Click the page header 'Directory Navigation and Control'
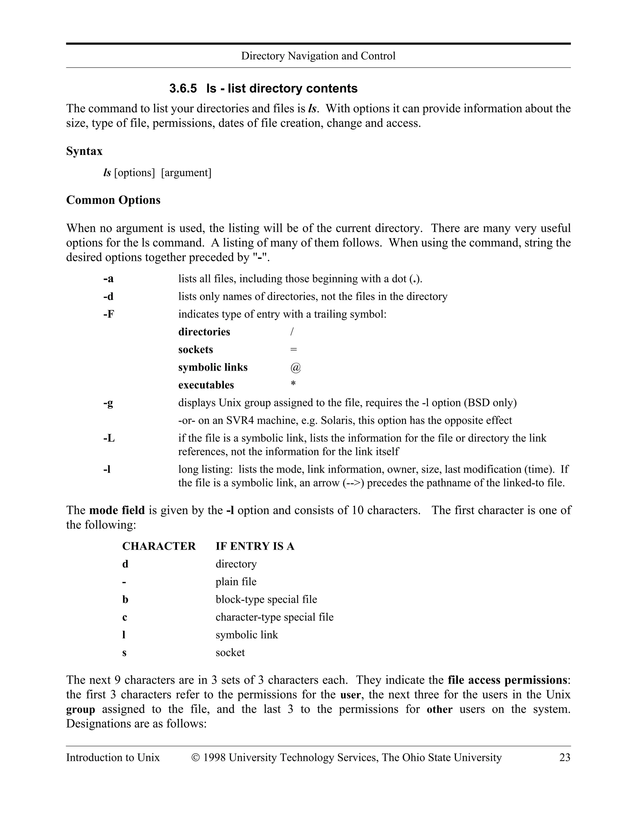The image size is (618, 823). click(318, 56)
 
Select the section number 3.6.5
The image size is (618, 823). click(183, 88)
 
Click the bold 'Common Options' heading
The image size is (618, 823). click(113, 200)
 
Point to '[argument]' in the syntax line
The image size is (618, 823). click(186, 173)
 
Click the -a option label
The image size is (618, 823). click(108, 279)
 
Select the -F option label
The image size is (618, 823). click(109, 314)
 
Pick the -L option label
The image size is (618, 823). click(109, 438)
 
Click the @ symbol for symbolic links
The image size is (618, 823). click(295, 368)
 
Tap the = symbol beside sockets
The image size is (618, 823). click(293, 350)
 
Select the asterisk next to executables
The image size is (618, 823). click(293, 384)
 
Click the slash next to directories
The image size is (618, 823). click(292, 331)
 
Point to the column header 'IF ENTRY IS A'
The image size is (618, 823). click(255, 546)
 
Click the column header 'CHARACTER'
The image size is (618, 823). click(159, 546)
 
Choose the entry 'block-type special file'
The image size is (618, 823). click(266, 599)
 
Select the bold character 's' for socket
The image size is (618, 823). click(124, 653)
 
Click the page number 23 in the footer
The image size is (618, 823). click(565, 757)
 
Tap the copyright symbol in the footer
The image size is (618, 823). click(196, 757)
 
